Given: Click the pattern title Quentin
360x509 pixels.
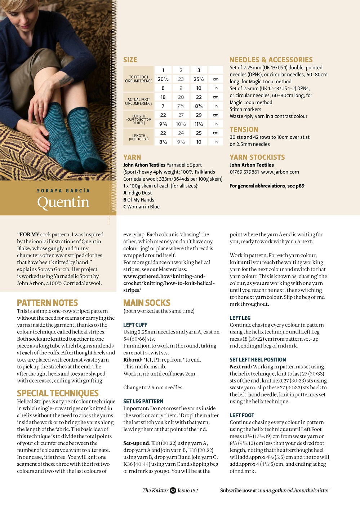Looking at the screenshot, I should pyautogui.click(x=63, y=202).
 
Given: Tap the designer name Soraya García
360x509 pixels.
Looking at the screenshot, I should pyautogui.click(x=63, y=191).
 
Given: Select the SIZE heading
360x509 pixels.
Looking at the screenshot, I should pyautogui.click(x=130, y=60).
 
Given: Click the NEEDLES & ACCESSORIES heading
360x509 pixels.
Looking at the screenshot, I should pyautogui.click(x=271, y=60).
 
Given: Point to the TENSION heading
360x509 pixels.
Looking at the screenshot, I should pyautogui.click(x=244, y=129).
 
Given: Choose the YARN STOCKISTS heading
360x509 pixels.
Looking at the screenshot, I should pyautogui.click(x=257, y=157).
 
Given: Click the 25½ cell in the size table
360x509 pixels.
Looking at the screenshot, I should pyautogui.click(x=199, y=79).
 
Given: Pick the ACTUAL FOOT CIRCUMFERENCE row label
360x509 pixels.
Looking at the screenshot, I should pyautogui.click(x=139, y=102).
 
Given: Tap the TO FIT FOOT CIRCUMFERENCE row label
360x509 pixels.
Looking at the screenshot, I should pyautogui.click(x=139, y=79).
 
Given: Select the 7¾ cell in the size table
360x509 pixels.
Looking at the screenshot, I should pyautogui.click(x=181, y=106).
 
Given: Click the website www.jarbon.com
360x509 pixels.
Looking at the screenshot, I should pyautogui.click(x=280, y=172).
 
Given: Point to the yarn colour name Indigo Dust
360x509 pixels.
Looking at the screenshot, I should pyautogui.click(x=139, y=193).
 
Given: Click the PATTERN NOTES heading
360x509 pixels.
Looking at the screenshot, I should pyautogui.click(x=48, y=303).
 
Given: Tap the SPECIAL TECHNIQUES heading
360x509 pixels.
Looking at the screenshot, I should pyautogui.click(x=58, y=393).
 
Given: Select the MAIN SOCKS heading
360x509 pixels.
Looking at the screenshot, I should pyautogui.click(x=147, y=303).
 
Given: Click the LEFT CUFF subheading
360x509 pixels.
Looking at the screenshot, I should pyautogui.click(x=135, y=325).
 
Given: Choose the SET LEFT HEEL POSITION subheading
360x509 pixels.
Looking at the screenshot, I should pyautogui.click(x=258, y=360).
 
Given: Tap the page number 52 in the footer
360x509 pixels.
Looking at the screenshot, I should pyautogui.click(x=173, y=490).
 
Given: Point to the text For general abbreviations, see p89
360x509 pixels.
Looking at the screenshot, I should pyautogui.click(x=267, y=186).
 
